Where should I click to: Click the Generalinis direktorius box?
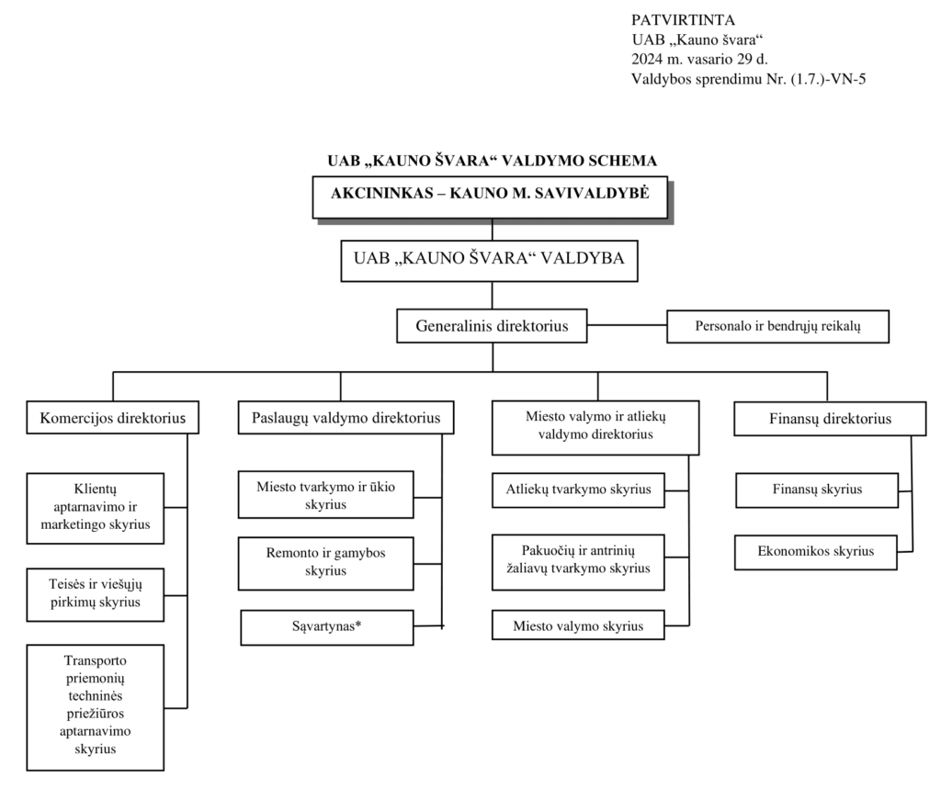(x=492, y=326)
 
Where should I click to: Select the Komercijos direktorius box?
(x=113, y=417)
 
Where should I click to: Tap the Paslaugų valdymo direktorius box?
(x=346, y=417)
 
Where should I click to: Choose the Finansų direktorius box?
(x=830, y=419)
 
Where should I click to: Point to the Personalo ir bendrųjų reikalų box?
(x=777, y=326)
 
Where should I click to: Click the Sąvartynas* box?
(x=327, y=627)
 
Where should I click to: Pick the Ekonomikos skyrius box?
(x=816, y=552)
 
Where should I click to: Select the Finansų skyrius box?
(x=817, y=490)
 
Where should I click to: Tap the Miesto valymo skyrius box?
(x=578, y=625)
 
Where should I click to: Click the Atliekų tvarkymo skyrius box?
(x=578, y=490)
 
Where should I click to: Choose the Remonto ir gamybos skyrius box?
(x=326, y=563)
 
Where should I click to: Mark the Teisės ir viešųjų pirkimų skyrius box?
(x=96, y=594)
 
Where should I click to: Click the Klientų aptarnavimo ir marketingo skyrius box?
(x=96, y=508)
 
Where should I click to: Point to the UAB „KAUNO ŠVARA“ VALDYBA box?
(x=489, y=261)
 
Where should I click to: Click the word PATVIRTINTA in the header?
(x=683, y=20)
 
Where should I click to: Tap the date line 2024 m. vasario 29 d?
(x=699, y=60)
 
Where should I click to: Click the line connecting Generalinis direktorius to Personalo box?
(x=627, y=326)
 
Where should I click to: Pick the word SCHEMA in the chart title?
(x=620, y=161)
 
